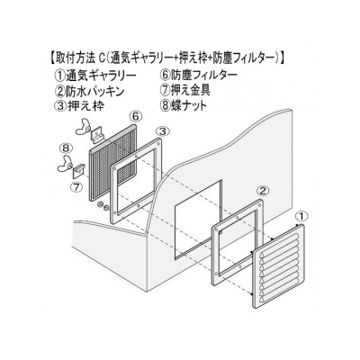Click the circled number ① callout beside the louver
click(x=301, y=215)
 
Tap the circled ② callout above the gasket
click(x=262, y=190)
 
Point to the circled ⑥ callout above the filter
click(x=135, y=116)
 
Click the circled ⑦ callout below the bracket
click(x=76, y=187)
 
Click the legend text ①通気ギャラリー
click(x=94, y=75)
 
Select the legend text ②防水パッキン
click(x=90, y=90)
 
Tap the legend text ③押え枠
click(x=80, y=105)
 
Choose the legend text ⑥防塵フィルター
click(x=200, y=75)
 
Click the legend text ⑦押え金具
click(x=185, y=90)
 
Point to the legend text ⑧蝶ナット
click(x=184, y=105)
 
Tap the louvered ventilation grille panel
click(x=278, y=266)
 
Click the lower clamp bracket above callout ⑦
click(x=79, y=170)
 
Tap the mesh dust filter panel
click(x=114, y=162)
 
